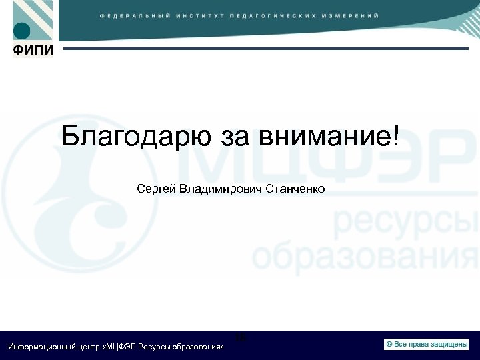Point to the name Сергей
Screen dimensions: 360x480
click(156, 189)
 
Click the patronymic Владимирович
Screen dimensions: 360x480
click(220, 189)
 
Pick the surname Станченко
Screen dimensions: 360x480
click(295, 189)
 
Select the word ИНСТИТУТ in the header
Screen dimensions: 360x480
click(200, 15)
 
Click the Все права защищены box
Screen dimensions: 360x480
click(427, 344)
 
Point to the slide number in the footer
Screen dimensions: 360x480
click(240, 338)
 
